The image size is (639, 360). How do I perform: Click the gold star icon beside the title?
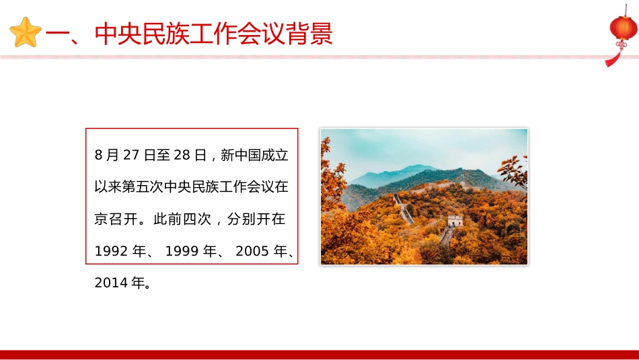click(26, 33)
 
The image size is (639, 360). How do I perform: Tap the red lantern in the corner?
click(623, 28)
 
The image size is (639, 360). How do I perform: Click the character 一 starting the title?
click(66, 34)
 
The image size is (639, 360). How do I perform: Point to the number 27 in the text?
click(132, 155)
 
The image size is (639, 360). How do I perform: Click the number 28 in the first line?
click(181, 155)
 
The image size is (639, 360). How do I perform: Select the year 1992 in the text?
click(111, 252)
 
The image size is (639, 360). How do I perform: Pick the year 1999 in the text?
click(182, 252)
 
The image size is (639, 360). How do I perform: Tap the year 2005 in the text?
click(253, 252)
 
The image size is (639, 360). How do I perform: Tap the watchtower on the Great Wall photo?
click(455, 220)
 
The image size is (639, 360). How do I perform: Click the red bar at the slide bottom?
click(319, 355)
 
